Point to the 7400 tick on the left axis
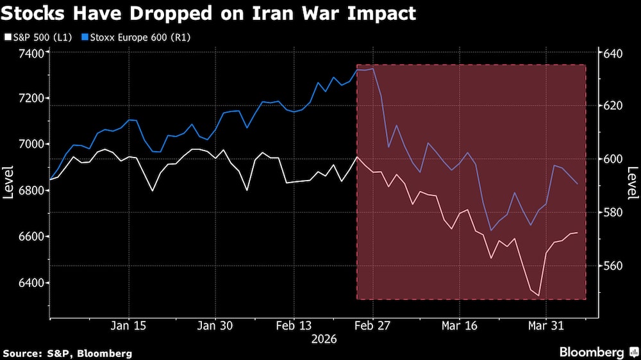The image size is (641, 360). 30,52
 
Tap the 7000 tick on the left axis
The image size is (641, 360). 30,144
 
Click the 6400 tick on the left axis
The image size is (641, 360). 30,282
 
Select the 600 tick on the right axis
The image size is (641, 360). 613,159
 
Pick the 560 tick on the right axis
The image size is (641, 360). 613,265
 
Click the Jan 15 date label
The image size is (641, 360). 129,325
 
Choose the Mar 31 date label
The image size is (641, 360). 545,325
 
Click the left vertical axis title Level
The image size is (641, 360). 9,183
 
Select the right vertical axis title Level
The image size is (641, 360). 632,183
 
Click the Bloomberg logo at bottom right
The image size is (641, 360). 596,352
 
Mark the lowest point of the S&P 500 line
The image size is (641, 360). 539,297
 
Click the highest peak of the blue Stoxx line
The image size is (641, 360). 372,69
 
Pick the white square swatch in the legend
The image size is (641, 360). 6,37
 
